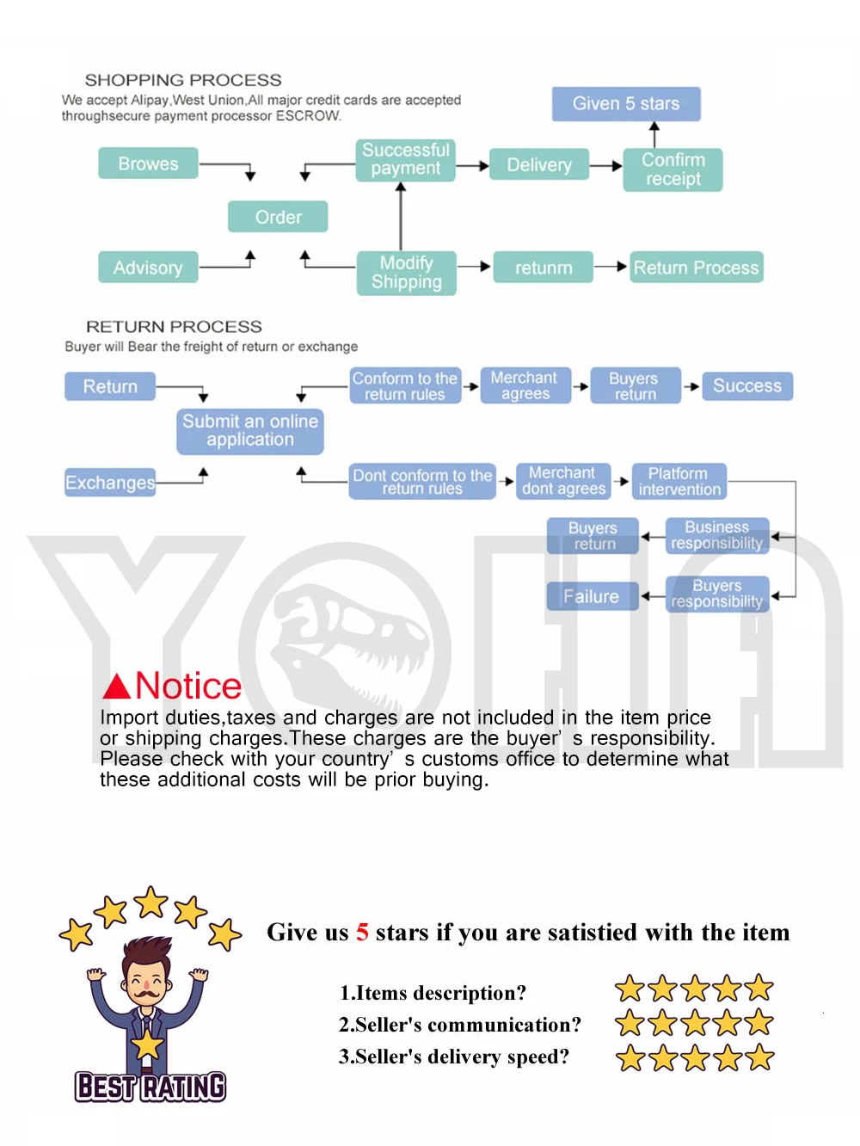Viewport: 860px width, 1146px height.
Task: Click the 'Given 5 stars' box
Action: [x=626, y=104]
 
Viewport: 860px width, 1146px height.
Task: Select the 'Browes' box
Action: [x=148, y=163]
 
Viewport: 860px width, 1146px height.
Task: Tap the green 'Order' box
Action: [x=278, y=216]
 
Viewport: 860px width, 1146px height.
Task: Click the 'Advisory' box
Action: [x=148, y=267]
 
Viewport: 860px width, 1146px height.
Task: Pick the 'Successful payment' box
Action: [x=405, y=160]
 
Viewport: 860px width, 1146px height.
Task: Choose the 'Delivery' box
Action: [x=539, y=164]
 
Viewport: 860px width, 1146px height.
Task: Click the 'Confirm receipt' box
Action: [x=673, y=169]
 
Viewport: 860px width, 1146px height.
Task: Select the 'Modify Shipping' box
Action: [x=407, y=273]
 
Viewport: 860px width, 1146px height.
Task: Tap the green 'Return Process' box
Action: [x=696, y=267]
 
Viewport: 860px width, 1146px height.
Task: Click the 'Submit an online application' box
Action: [x=250, y=431]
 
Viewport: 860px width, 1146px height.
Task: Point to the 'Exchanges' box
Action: [x=110, y=482]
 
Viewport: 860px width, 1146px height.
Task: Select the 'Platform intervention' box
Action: [x=679, y=481]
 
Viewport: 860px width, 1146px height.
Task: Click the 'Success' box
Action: [x=747, y=385]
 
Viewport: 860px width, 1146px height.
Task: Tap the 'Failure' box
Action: [x=593, y=595]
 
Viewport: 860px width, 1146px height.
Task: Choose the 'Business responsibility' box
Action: [x=717, y=535]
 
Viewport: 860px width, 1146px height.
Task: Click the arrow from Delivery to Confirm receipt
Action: [x=605, y=165]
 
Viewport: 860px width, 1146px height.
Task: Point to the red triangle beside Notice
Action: [x=116, y=686]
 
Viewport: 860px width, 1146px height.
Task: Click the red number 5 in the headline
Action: [x=362, y=932]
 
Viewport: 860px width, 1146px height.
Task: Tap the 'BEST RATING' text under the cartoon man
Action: [x=150, y=1086]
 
